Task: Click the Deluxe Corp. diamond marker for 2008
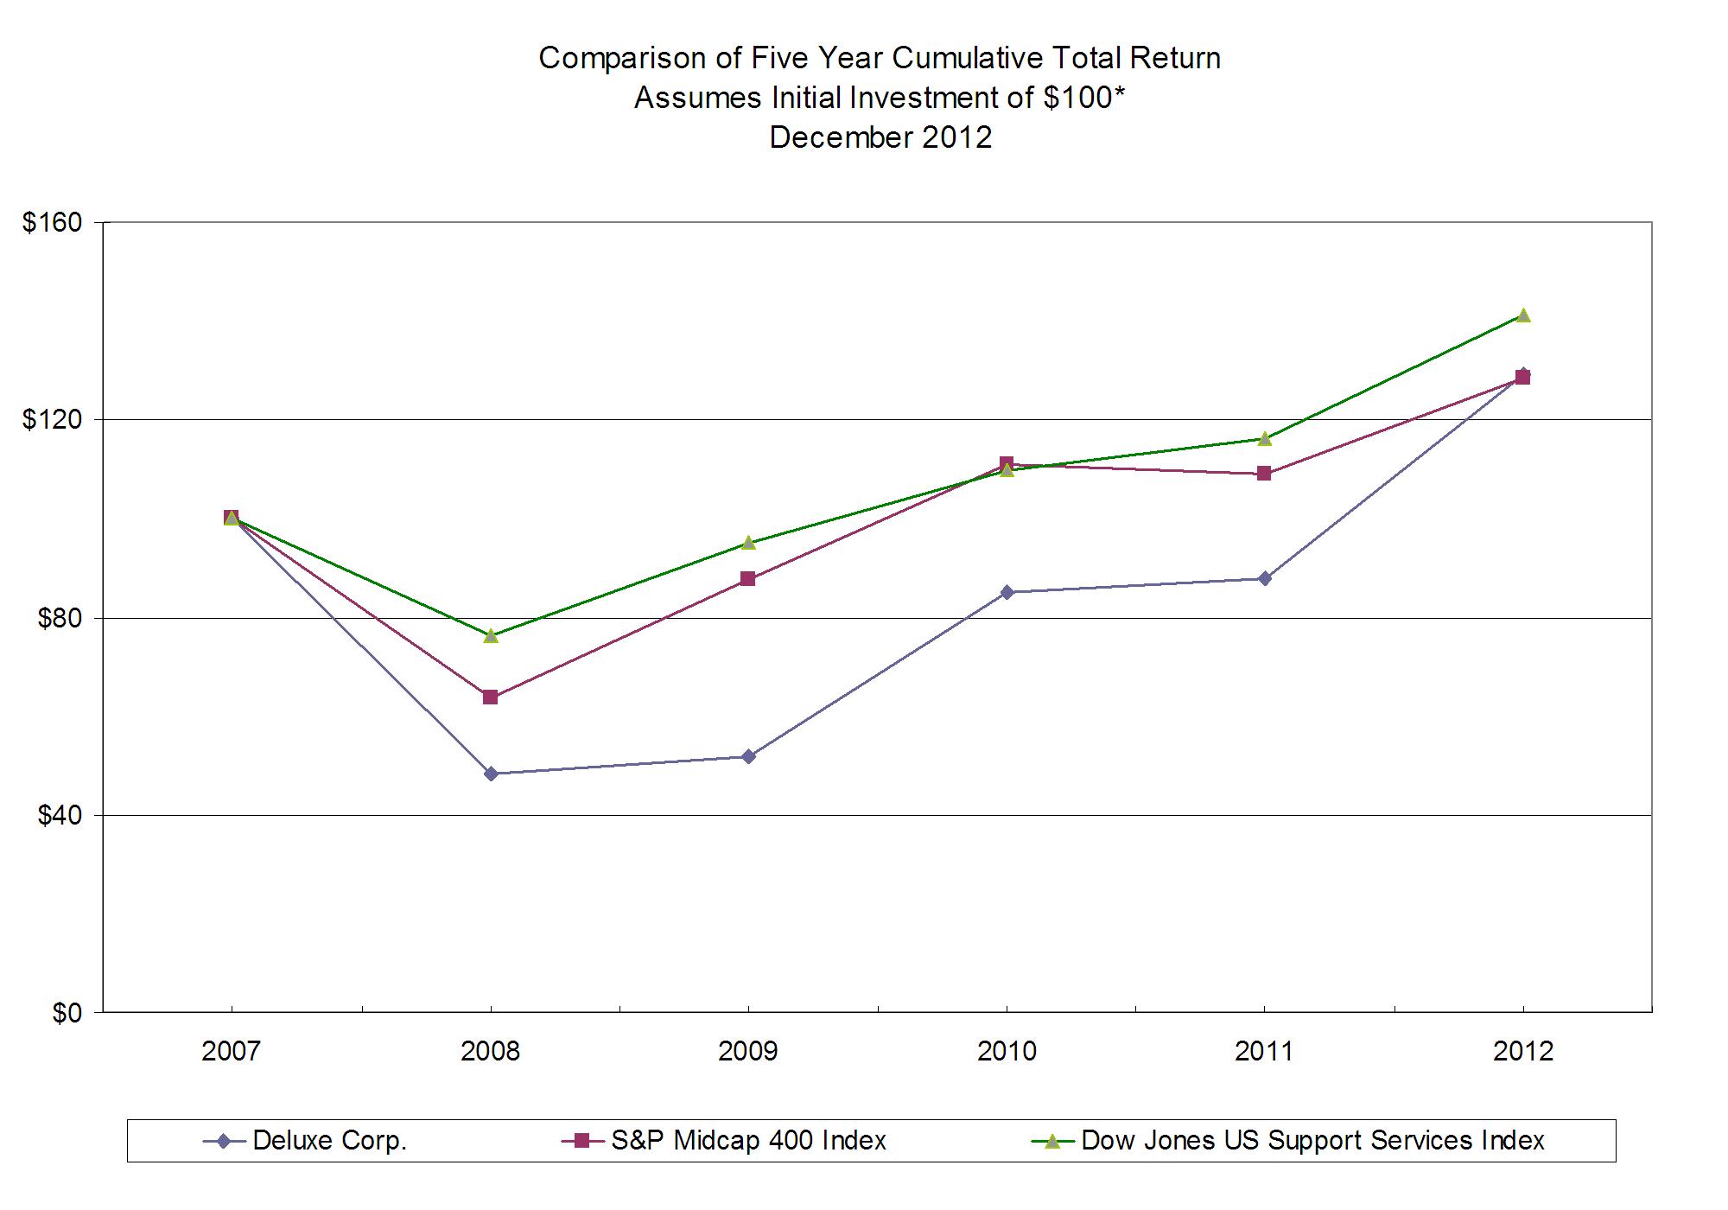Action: pos(491,774)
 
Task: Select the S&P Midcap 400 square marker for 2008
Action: pos(491,697)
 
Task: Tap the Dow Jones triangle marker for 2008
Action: pos(491,636)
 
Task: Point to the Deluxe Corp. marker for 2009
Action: pos(748,756)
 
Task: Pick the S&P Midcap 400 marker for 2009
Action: pos(748,579)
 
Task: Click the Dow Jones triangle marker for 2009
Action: pos(748,543)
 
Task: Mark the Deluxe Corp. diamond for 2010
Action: pos(1007,592)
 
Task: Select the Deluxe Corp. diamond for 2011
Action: pos(1265,578)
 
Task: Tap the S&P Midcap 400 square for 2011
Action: pos(1264,474)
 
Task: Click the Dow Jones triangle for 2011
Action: pos(1265,439)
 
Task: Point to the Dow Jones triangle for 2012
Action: pos(1523,315)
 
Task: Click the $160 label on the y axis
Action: pos(53,222)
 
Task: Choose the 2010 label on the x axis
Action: pos(1007,1052)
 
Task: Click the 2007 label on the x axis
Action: pos(231,1052)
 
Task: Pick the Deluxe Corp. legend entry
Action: pos(328,1141)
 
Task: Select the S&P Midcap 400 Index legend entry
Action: pos(748,1141)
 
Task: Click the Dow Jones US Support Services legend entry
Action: pos(1312,1141)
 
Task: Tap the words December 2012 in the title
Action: pos(880,137)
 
